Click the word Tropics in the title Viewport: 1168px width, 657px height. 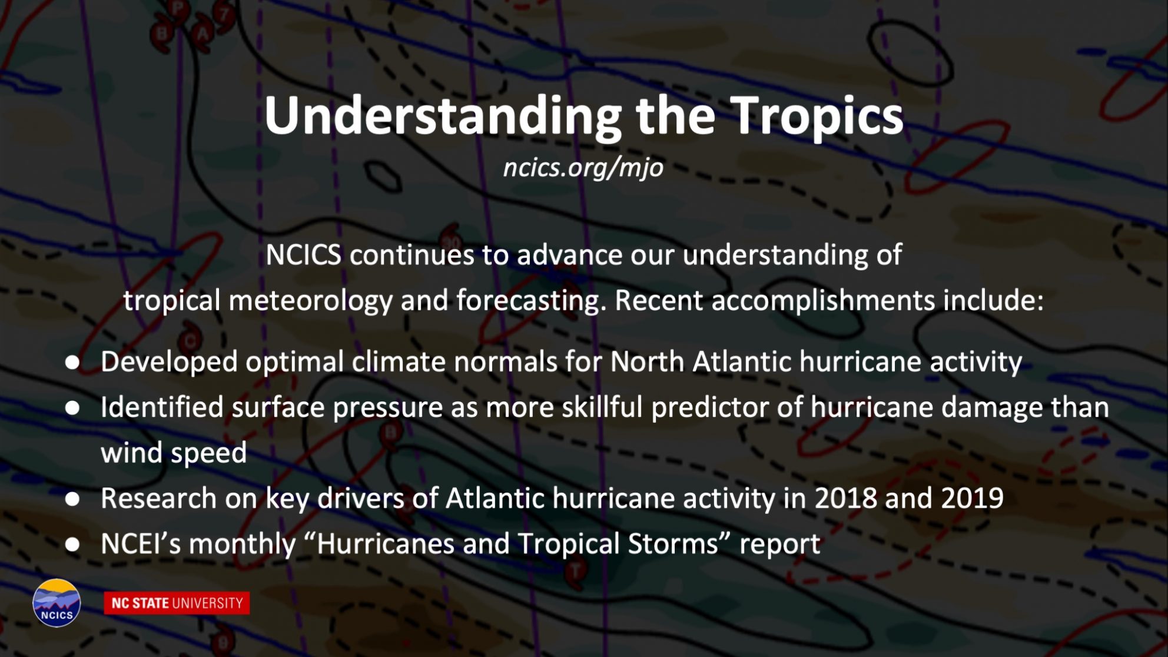pos(817,117)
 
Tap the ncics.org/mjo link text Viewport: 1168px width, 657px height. pos(583,168)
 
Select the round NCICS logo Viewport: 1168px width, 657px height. pos(57,603)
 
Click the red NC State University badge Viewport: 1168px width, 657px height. pos(177,603)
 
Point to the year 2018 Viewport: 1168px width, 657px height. pos(845,498)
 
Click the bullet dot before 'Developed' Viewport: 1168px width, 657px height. pos(72,362)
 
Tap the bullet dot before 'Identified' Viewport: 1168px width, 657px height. pos(72,407)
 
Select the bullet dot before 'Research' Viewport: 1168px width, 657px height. pos(72,499)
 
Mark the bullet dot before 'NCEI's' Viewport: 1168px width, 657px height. pos(72,545)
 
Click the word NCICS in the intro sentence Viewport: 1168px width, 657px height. pos(303,255)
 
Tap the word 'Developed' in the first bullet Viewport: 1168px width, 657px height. pos(169,362)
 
